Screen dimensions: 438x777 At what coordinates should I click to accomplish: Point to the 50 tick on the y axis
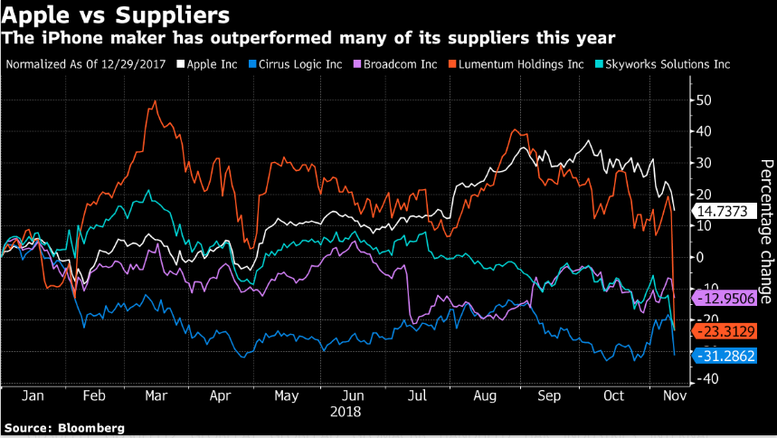coord(704,100)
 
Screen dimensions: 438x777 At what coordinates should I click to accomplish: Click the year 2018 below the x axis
coord(346,411)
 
